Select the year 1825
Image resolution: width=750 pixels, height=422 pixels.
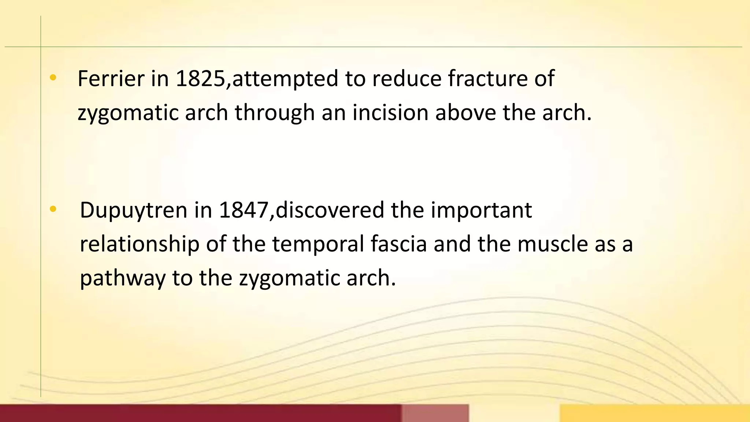200,79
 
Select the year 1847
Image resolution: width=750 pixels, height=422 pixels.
244,210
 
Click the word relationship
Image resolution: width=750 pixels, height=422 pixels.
140,245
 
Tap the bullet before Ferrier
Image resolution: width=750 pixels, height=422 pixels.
53,77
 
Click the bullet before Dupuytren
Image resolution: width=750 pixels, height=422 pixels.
53,209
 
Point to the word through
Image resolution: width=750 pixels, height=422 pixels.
275,113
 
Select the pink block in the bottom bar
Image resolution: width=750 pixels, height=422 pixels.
435,413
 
